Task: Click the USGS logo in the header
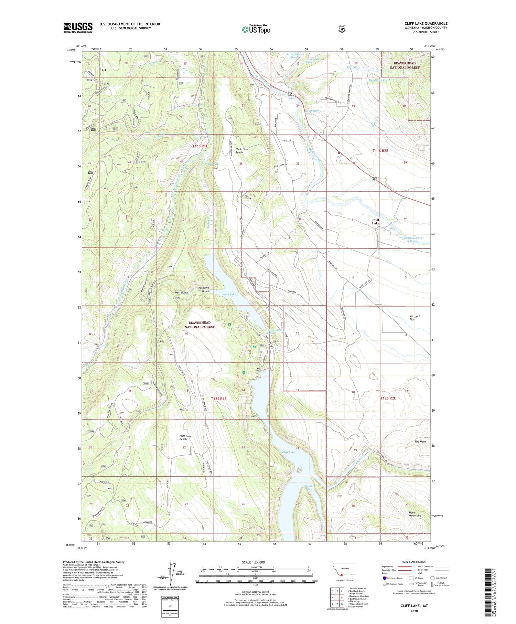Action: click(78, 28)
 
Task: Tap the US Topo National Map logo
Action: click(256, 29)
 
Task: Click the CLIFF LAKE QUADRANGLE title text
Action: click(426, 23)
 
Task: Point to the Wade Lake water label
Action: click(228, 295)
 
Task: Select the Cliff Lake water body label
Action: click(288, 452)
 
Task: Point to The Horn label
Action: click(420, 442)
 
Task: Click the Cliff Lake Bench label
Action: click(185, 437)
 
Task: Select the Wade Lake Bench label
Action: click(241, 151)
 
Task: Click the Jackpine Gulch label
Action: click(204, 289)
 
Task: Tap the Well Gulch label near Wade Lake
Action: click(181, 293)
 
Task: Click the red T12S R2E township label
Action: click(388, 398)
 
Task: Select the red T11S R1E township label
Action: click(200, 146)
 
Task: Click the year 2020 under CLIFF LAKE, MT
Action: click(414, 611)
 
